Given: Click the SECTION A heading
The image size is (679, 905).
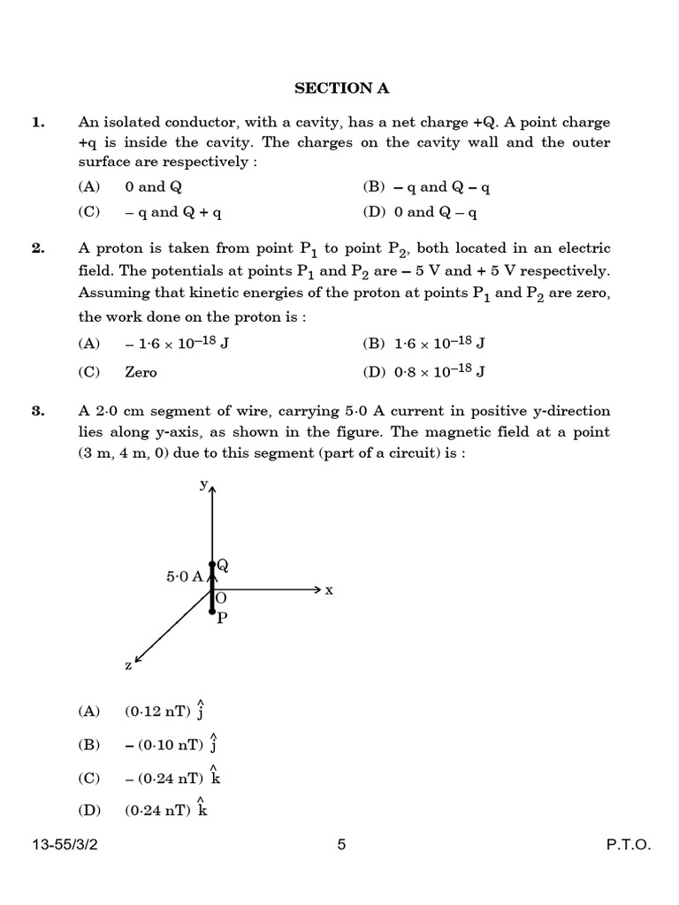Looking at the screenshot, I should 341,87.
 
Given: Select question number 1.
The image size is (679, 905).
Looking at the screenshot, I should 37,122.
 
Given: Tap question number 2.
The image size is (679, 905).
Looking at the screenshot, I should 37,248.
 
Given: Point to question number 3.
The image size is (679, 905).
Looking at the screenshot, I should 37,411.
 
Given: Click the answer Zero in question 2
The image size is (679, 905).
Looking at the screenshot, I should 141,372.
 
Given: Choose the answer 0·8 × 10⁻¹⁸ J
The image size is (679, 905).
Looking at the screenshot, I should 428,372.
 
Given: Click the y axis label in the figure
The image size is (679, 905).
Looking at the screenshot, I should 203,483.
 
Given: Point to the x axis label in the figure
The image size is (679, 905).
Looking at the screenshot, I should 329,589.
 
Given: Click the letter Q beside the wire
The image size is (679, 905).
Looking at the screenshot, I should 223,565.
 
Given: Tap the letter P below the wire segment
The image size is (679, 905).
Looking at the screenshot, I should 222,618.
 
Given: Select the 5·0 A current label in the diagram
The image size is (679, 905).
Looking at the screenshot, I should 184,576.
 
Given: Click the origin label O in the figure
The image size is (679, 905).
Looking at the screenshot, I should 221,597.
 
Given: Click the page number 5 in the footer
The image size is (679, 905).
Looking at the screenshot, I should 341,845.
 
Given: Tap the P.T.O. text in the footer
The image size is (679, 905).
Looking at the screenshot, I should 628,845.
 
